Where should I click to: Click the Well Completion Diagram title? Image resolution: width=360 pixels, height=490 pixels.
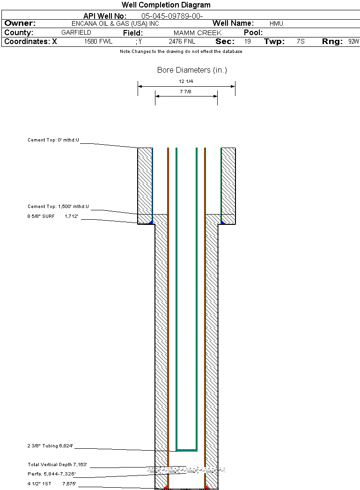pyautogui.click(x=166, y=5)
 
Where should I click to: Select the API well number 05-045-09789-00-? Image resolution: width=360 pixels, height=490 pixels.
pyautogui.click(x=172, y=16)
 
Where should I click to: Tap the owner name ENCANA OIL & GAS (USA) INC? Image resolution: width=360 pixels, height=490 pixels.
pyautogui.click(x=115, y=24)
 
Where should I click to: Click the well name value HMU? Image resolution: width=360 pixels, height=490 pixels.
pyautogui.click(x=276, y=23)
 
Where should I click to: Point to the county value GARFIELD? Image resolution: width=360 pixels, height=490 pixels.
pyautogui.click(x=76, y=32)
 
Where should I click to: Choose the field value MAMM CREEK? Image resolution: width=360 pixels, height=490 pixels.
pyautogui.click(x=198, y=33)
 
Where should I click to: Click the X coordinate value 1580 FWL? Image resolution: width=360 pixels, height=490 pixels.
pyautogui.click(x=98, y=42)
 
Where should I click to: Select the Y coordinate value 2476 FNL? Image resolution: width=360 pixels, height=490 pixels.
pyautogui.click(x=182, y=42)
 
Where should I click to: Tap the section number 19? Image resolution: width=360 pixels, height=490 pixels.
pyautogui.click(x=247, y=42)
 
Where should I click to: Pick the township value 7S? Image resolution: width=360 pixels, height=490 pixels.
pyautogui.click(x=301, y=42)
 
